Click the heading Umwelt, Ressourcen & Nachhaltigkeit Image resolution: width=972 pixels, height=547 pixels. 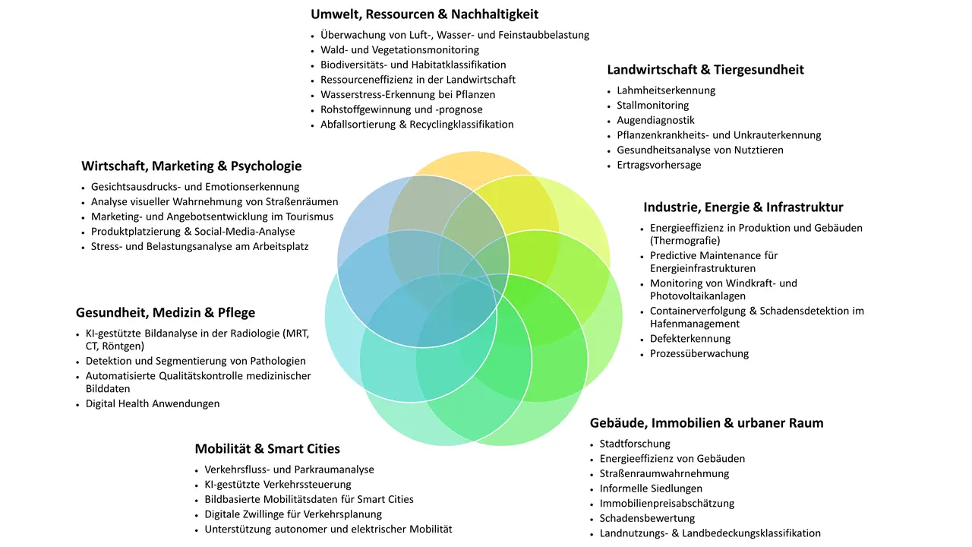424,14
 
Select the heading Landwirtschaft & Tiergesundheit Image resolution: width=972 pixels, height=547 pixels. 705,70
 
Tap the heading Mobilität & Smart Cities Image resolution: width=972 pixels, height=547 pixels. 267,448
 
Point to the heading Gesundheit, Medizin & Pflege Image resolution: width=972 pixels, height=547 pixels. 166,312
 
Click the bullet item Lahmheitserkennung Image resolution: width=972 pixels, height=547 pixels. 666,90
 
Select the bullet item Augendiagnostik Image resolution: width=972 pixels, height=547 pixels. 655,120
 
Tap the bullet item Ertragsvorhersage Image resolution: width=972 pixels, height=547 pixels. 658,165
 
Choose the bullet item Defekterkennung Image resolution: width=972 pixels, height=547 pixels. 690,339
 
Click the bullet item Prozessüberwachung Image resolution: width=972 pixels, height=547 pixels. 699,354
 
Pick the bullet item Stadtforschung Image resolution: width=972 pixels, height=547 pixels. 635,444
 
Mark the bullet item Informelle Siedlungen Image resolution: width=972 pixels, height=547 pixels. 651,489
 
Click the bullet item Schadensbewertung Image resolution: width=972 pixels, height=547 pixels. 647,518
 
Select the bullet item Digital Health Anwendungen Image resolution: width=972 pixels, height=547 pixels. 153,403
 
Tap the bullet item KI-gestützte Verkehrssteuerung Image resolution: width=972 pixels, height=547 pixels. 278,485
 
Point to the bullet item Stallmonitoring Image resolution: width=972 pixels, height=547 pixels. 652,106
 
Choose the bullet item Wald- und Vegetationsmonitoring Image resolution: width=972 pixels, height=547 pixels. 399,50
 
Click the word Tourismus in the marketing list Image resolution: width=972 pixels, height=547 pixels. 306,217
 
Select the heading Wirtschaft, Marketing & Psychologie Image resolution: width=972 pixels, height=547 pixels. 191,166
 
